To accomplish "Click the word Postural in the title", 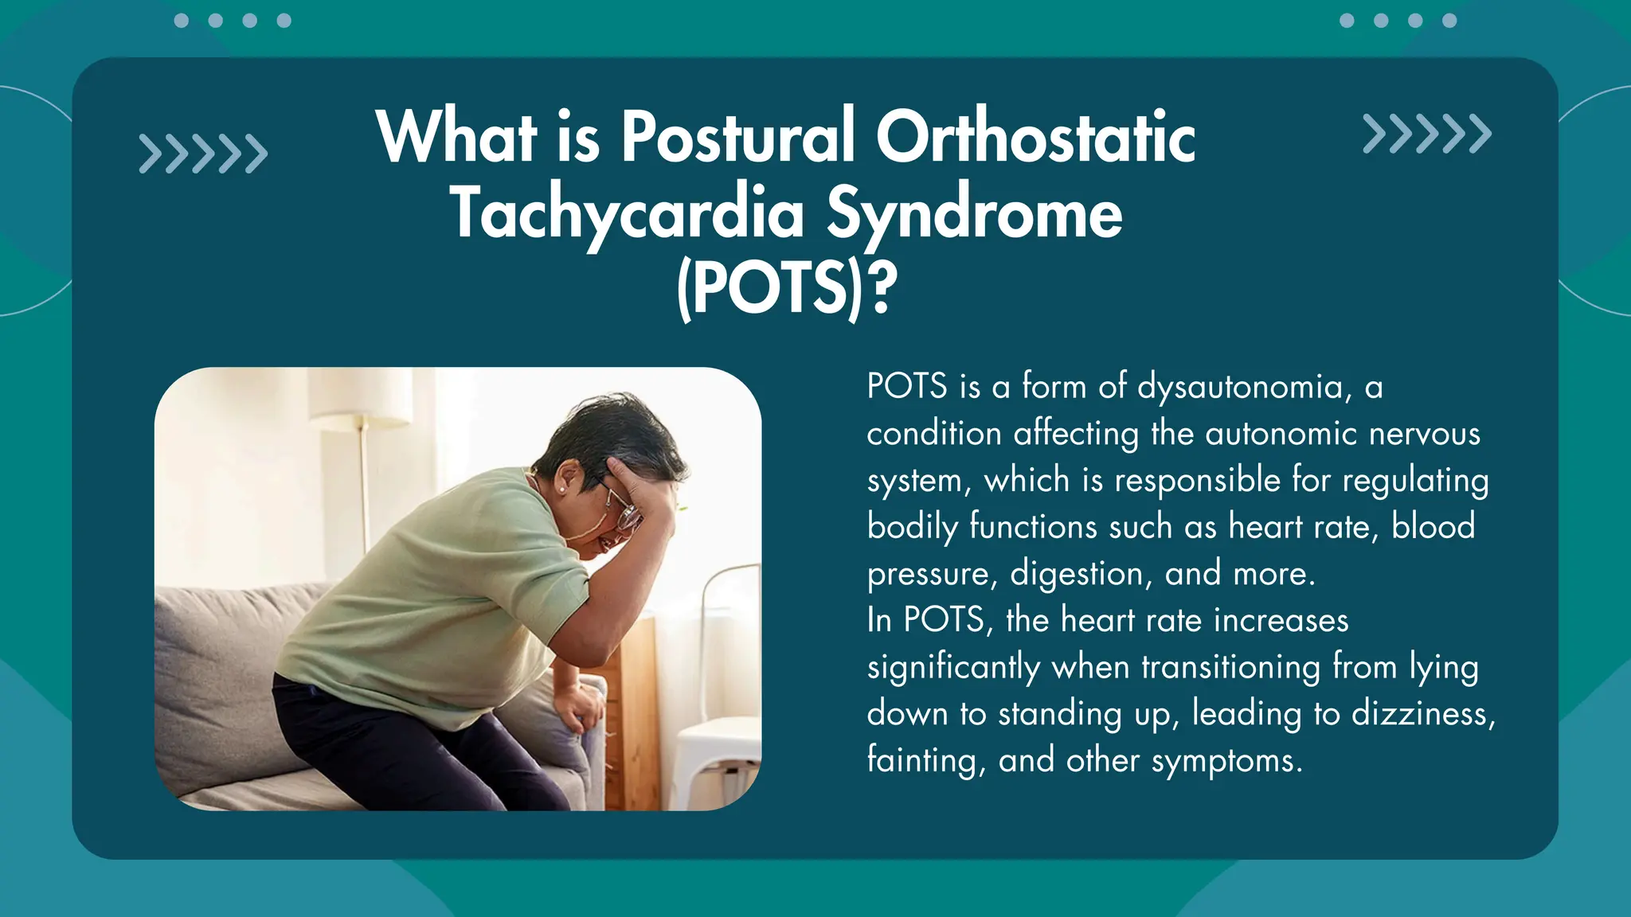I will [x=737, y=137].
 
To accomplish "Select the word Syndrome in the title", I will [x=974, y=213].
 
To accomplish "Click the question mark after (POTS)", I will [x=882, y=288].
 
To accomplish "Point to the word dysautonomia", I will [x=1243, y=387].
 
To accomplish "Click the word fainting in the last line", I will [x=921, y=760].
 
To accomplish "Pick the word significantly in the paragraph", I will [x=952, y=667].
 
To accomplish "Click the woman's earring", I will [x=563, y=490].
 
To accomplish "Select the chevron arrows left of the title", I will [x=203, y=154].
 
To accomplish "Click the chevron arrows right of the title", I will [x=1426, y=134].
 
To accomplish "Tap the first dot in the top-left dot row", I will [x=182, y=21].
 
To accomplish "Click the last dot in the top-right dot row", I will [x=1449, y=21].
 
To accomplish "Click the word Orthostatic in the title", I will [x=1035, y=137].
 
